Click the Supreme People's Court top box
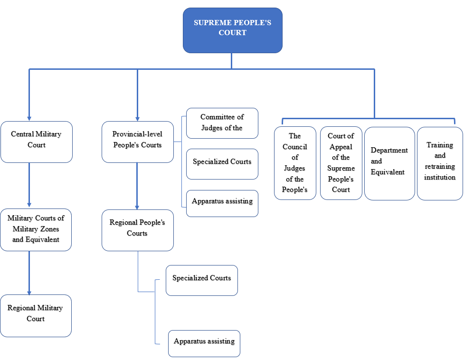click(x=232, y=30)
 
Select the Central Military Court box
click(x=37, y=142)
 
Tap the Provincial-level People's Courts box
click(x=138, y=142)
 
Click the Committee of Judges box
click(x=222, y=123)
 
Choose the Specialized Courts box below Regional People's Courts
click(x=201, y=280)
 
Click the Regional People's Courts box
click(x=138, y=230)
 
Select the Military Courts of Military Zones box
click(x=36, y=229)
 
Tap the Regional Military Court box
click(x=36, y=315)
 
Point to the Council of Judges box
click(x=295, y=162)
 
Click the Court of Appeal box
click(x=341, y=162)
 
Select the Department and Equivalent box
click(x=389, y=163)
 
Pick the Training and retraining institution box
click(x=440, y=163)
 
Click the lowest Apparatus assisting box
click(x=204, y=343)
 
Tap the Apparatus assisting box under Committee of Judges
click(x=222, y=203)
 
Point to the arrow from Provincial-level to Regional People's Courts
click(x=137, y=185)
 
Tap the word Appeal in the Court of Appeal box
click(x=341, y=147)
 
